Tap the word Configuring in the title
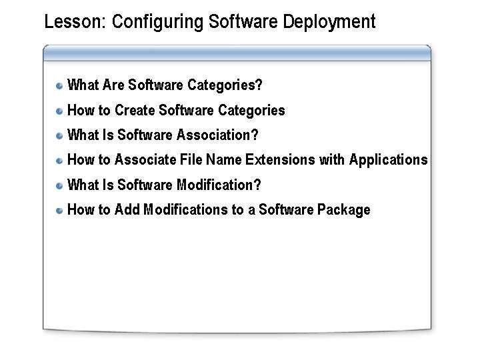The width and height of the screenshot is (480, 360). click(x=158, y=23)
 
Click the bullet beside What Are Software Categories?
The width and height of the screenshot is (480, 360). click(x=59, y=85)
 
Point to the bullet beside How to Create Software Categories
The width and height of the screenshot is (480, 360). click(x=59, y=111)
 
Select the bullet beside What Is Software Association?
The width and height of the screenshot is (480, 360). click(x=59, y=135)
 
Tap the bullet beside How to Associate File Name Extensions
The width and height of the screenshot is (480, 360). click(x=59, y=161)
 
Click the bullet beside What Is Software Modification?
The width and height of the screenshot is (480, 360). click(x=59, y=185)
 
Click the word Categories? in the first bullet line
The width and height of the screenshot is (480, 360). click(x=225, y=85)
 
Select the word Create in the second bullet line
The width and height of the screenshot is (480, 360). click(x=135, y=111)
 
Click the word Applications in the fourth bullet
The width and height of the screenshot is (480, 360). click(x=389, y=160)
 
